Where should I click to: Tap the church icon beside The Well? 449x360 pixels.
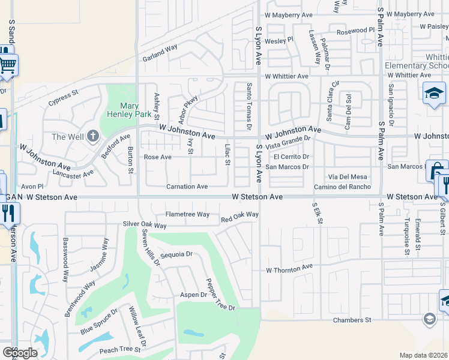[x=92, y=136]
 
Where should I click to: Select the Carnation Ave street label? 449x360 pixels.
[x=187, y=187]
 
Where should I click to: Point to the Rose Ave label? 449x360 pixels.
[x=158, y=157]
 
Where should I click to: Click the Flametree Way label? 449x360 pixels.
[x=187, y=214]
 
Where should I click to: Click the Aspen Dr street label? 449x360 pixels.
[x=193, y=295]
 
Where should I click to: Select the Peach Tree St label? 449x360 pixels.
[x=119, y=349]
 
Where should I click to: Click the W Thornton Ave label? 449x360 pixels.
[x=290, y=268]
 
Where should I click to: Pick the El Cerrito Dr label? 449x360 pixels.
[x=292, y=157]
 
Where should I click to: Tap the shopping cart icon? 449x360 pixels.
[x=7, y=64]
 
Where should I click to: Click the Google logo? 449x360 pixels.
[x=20, y=352]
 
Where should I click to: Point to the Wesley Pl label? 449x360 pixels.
[x=279, y=40]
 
